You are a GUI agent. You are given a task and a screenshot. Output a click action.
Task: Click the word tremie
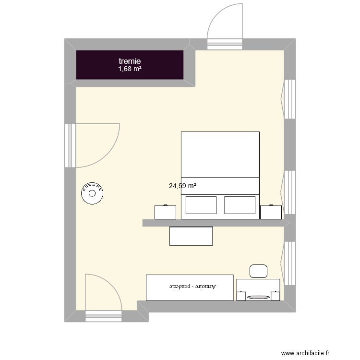pyautogui.click(x=130, y=61)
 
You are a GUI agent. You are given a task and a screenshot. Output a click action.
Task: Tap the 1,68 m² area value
pyautogui.click(x=130, y=69)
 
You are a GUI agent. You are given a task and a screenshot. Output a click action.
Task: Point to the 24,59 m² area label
pyautogui.click(x=182, y=186)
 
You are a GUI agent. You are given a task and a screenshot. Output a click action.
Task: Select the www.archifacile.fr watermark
pyautogui.click(x=305, y=353)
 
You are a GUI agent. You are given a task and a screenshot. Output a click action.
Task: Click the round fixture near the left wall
pyautogui.click(x=92, y=193)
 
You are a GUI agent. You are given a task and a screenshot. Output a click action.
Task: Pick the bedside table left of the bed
pyautogui.click(x=165, y=212)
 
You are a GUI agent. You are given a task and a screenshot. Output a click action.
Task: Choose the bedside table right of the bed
pyautogui.click(x=271, y=212)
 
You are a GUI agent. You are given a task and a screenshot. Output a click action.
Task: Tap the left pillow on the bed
pyautogui.click(x=201, y=205)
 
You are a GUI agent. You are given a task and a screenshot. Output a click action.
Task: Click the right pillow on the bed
pyautogui.click(x=240, y=205)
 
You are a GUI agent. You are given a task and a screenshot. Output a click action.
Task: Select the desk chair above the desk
pyautogui.click(x=258, y=271)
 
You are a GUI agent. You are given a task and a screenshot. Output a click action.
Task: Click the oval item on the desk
pyautogui.click(x=258, y=297)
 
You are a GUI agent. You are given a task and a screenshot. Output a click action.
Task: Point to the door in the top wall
pyautogui.click(x=225, y=26)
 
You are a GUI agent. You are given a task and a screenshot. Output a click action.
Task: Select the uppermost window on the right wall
pyautogui.click(x=288, y=99)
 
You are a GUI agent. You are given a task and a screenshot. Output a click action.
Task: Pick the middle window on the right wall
pyautogui.click(x=288, y=192)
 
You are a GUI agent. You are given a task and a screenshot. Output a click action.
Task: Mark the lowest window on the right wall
pyautogui.click(x=288, y=264)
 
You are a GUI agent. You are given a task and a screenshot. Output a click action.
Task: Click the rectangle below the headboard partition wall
pyautogui.click(x=191, y=236)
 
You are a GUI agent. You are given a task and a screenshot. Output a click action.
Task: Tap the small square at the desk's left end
pyautogui.click(x=241, y=296)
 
